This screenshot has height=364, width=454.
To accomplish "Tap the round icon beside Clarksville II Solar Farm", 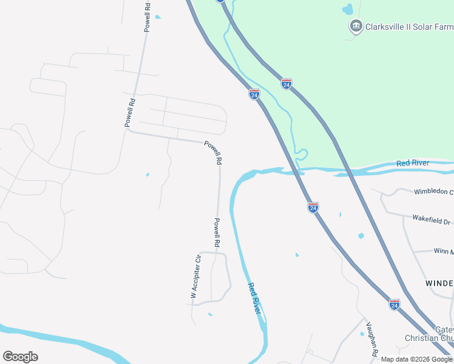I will click(356, 26).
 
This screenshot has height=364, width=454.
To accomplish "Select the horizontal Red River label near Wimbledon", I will click(413, 163).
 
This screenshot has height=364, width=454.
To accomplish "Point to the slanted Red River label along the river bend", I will click(255, 298).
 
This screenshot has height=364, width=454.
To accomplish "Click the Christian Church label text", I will click(429, 338).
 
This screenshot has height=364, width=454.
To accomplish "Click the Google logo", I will click(20, 357).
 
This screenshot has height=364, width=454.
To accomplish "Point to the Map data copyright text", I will click(416, 359).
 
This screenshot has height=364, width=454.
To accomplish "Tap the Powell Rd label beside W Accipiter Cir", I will click(216, 232).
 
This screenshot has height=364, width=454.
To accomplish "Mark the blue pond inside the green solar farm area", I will click(347, 9).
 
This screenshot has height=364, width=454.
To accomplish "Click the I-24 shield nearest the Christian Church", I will click(395, 305).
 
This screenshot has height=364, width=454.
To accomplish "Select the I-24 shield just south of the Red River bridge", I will click(313, 208).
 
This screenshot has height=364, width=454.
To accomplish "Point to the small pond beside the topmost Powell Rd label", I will click(158, 17).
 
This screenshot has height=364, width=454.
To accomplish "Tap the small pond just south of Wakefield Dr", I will click(361, 235).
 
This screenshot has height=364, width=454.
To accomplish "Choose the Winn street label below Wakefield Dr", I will click(442, 251).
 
